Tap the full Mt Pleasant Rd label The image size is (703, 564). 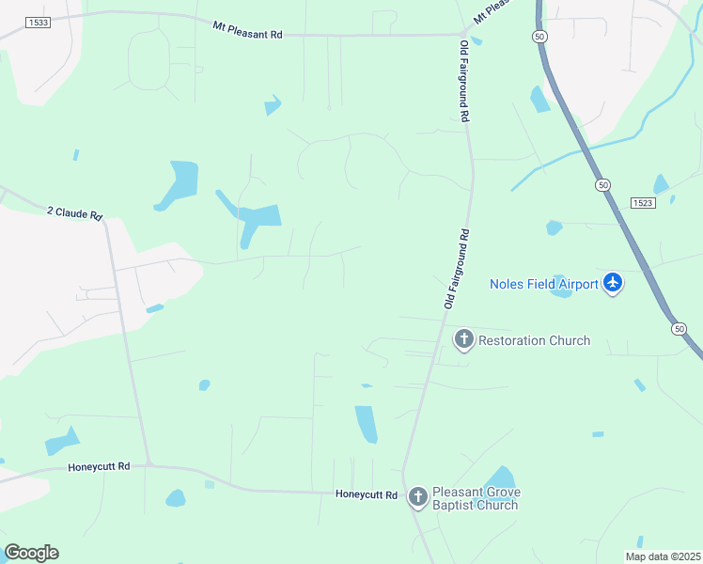click(247, 30)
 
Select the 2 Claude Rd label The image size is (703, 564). click(74, 213)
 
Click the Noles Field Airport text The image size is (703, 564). click(544, 284)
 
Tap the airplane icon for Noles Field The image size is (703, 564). click(613, 282)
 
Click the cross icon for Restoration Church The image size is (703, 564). click(463, 339)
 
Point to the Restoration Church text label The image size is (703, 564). click(534, 340)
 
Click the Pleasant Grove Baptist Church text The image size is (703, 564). click(476, 499)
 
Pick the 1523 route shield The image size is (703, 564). click(644, 202)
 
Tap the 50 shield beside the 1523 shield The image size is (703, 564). click(601, 185)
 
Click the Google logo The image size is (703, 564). click(31, 553)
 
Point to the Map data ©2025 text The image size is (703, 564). click(662, 556)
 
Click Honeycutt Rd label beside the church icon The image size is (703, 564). click(367, 494)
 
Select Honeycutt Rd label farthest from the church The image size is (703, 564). click(99, 466)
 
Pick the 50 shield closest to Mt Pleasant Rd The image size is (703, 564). click(539, 36)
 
